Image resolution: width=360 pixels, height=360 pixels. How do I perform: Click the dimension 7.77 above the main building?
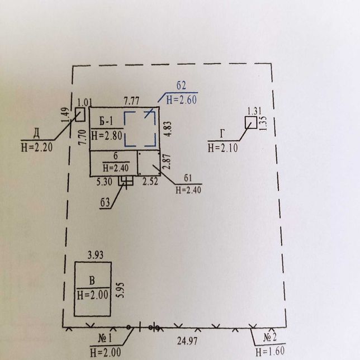tap(131, 101)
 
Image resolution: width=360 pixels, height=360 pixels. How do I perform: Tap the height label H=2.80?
tap(107, 135)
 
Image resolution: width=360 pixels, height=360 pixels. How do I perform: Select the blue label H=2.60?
tap(181, 100)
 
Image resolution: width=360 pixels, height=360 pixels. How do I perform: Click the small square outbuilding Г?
tap(250, 122)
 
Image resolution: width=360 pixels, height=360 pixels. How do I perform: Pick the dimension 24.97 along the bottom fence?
tap(187, 341)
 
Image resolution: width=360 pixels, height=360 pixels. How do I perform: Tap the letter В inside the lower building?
tap(92, 281)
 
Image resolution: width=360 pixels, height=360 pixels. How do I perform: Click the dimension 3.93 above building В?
tap(96, 255)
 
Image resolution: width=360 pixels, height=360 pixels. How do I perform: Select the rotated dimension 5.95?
tap(120, 290)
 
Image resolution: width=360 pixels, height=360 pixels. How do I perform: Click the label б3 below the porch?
tap(105, 203)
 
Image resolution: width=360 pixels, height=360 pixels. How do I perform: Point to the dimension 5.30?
tap(104, 182)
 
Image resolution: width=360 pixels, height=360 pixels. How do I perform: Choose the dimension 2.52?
tap(150, 181)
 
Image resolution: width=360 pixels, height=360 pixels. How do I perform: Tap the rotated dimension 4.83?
tap(168, 129)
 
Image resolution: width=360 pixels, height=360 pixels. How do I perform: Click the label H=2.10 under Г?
tap(222, 148)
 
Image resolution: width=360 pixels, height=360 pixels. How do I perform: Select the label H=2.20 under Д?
tap(37, 147)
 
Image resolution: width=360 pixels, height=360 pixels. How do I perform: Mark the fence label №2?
tap(270, 337)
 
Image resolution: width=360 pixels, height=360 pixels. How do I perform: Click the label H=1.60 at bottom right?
tap(270, 351)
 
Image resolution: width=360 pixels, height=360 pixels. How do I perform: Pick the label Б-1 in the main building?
tap(106, 121)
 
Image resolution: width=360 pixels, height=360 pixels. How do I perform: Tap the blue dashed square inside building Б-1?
tap(140, 112)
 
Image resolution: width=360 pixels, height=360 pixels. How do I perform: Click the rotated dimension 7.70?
tap(82, 138)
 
